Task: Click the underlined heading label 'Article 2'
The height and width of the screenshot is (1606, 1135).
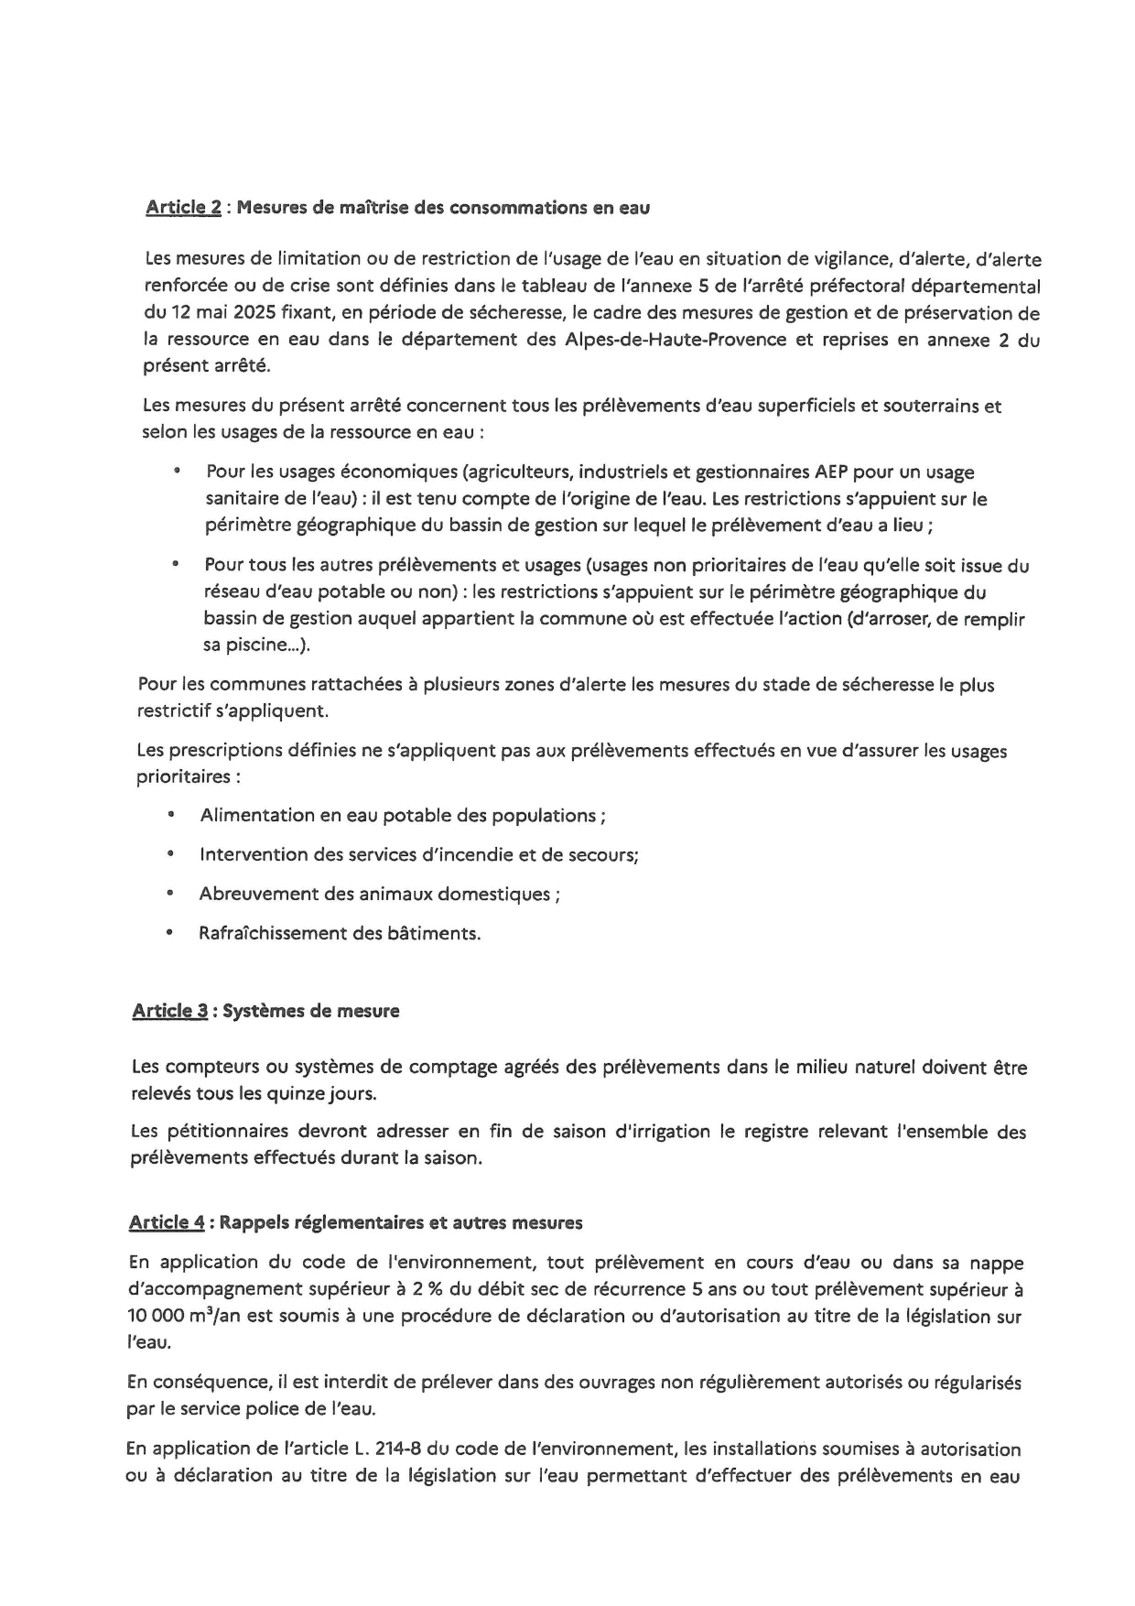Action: point(183,208)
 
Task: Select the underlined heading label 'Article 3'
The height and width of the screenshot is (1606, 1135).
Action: point(169,1011)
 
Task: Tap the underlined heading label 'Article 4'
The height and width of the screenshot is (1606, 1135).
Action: point(167,1222)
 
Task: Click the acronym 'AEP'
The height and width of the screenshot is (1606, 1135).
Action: point(830,472)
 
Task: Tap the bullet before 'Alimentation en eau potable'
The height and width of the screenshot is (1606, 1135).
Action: point(170,815)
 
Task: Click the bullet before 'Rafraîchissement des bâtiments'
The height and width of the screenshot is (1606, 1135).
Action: point(168,933)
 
